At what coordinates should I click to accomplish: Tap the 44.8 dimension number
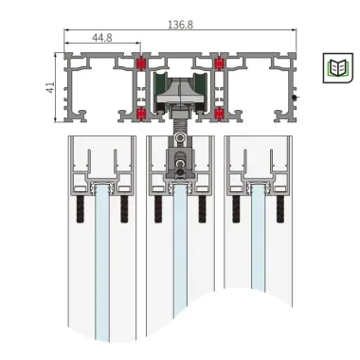(102, 38)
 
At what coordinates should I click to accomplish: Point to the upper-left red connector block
(142, 65)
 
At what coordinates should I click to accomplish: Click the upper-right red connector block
(220, 65)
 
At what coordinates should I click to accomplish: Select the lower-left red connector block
(142, 113)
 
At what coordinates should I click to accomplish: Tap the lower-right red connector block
(220, 113)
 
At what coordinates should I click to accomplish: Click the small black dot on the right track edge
(296, 96)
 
